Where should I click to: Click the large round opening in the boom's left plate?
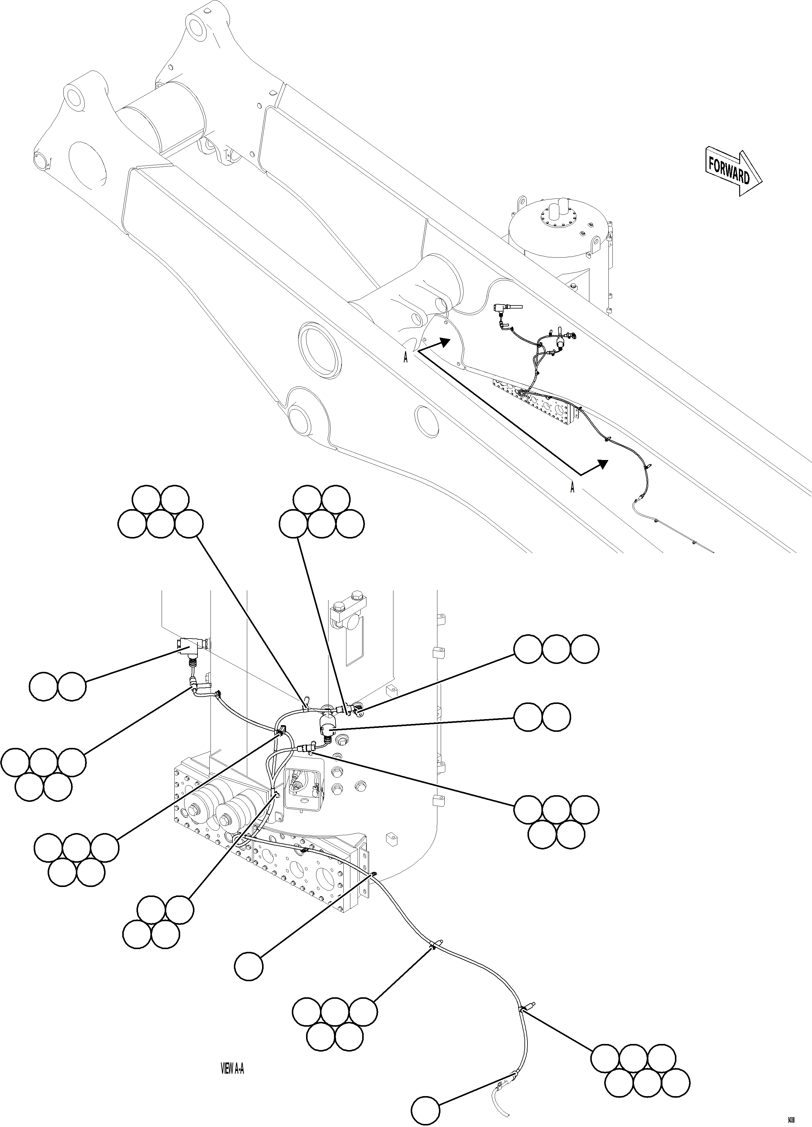(x=88, y=166)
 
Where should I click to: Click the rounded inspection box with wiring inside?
(x=303, y=789)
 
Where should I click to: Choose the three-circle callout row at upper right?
(x=556, y=649)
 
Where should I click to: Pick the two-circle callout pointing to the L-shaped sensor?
(x=58, y=687)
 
